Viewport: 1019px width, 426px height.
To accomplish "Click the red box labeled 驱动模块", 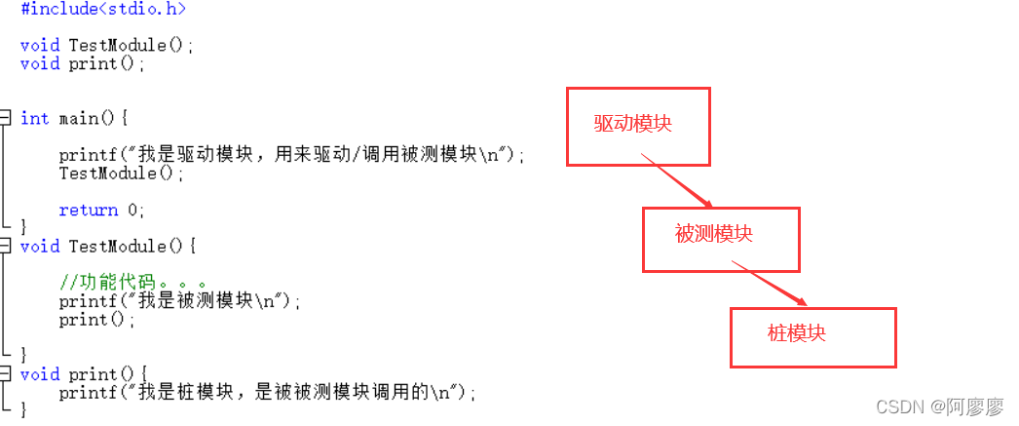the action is pyautogui.click(x=639, y=126).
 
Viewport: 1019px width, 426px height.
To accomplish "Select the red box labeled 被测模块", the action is pyautogui.click(x=720, y=239).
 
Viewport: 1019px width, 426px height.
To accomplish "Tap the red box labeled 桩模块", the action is pyautogui.click(x=812, y=337).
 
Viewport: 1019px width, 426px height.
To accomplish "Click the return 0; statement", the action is pyautogui.click(x=101, y=211).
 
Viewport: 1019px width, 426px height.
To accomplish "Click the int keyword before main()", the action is pyautogui.click(x=34, y=118).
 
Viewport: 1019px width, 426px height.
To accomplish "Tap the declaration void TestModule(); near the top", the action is pyautogui.click(x=107, y=46).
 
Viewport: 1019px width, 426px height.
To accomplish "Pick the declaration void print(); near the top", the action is pyautogui.click(x=83, y=64).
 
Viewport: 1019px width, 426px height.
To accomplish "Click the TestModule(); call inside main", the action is pyautogui.click(x=121, y=174).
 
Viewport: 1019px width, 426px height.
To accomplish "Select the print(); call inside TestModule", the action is pyautogui.click(x=96, y=320).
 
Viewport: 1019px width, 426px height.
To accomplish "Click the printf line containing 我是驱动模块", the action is pyautogui.click(x=291, y=155).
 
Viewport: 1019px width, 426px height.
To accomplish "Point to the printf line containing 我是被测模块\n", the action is pyautogui.click(x=180, y=301).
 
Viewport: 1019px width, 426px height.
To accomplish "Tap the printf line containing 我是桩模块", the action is pyautogui.click(x=268, y=393).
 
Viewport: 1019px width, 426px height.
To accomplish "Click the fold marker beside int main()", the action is pyautogui.click(x=7, y=118).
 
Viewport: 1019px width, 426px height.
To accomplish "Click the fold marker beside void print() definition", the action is pyautogui.click(x=7, y=374).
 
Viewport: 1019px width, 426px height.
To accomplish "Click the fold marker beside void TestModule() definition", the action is pyautogui.click(x=7, y=247).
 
